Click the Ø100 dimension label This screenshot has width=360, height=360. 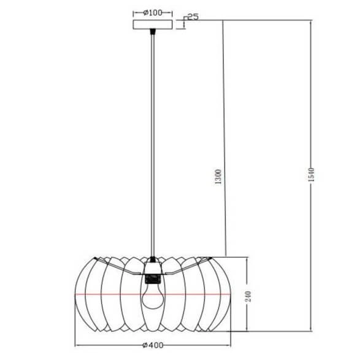pyautogui.click(x=153, y=12)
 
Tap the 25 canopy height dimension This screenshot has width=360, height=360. pyautogui.click(x=192, y=17)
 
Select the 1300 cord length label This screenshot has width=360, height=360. pyautogui.click(x=220, y=178)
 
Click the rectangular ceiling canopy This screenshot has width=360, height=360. pyautogui.click(x=153, y=25)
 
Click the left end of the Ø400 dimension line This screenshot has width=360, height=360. pyautogui.click(x=76, y=345)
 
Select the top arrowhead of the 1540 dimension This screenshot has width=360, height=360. pyautogui.click(x=312, y=22)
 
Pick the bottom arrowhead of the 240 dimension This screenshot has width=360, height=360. pyautogui.click(x=248, y=330)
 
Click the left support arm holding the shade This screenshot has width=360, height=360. pyautogui.click(x=126, y=267)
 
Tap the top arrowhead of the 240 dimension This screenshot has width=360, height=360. pyautogui.click(x=248, y=259)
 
